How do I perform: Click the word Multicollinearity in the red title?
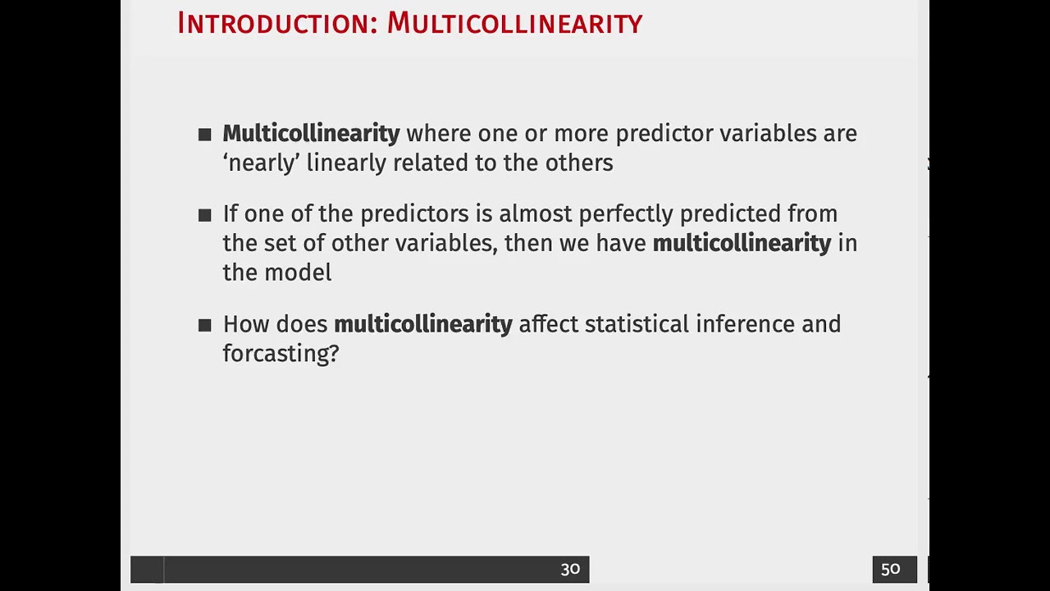[x=514, y=23]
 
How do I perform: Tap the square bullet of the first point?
[x=205, y=135]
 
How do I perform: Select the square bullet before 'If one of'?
[x=205, y=215]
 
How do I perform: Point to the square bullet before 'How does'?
[x=205, y=325]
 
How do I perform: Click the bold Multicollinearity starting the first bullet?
[x=311, y=133]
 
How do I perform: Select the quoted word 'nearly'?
[x=261, y=163]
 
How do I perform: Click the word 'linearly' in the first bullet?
[x=347, y=163]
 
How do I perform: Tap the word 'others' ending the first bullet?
[x=579, y=163]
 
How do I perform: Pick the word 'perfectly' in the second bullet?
[x=626, y=213]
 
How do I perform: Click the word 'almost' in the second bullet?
[x=535, y=213]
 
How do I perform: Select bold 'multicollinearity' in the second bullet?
[x=742, y=243]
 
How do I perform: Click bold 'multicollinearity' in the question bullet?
[x=422, y=324]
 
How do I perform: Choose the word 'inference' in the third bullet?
[x=745, y=324]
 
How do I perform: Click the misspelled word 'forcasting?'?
[x=281, y=354]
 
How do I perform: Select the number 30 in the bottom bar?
[x=570, y=569]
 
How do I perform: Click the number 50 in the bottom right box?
[x=891, y=569]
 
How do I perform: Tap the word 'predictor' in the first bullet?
[x=664, y=133]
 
